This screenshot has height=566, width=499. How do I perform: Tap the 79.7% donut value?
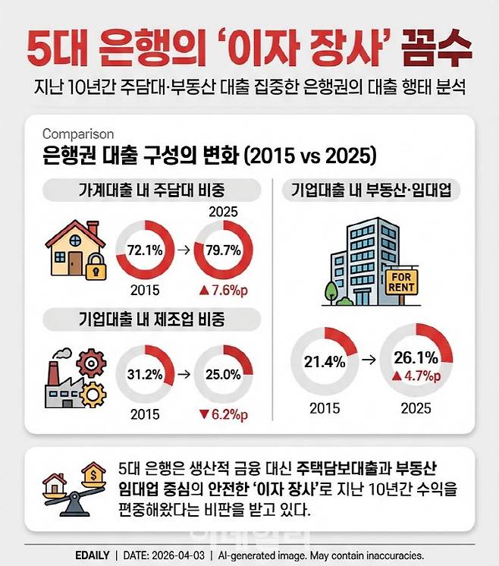[x=224, y=250]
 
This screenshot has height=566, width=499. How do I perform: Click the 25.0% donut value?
[x=224, y=374]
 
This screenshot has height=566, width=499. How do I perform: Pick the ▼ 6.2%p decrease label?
[x=224, y=415]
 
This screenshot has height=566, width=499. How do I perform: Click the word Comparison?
[x=78, y=134]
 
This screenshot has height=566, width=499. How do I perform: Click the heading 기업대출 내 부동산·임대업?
[x=371, y=190]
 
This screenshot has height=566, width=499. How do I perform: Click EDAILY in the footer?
[x=86, y=555]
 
